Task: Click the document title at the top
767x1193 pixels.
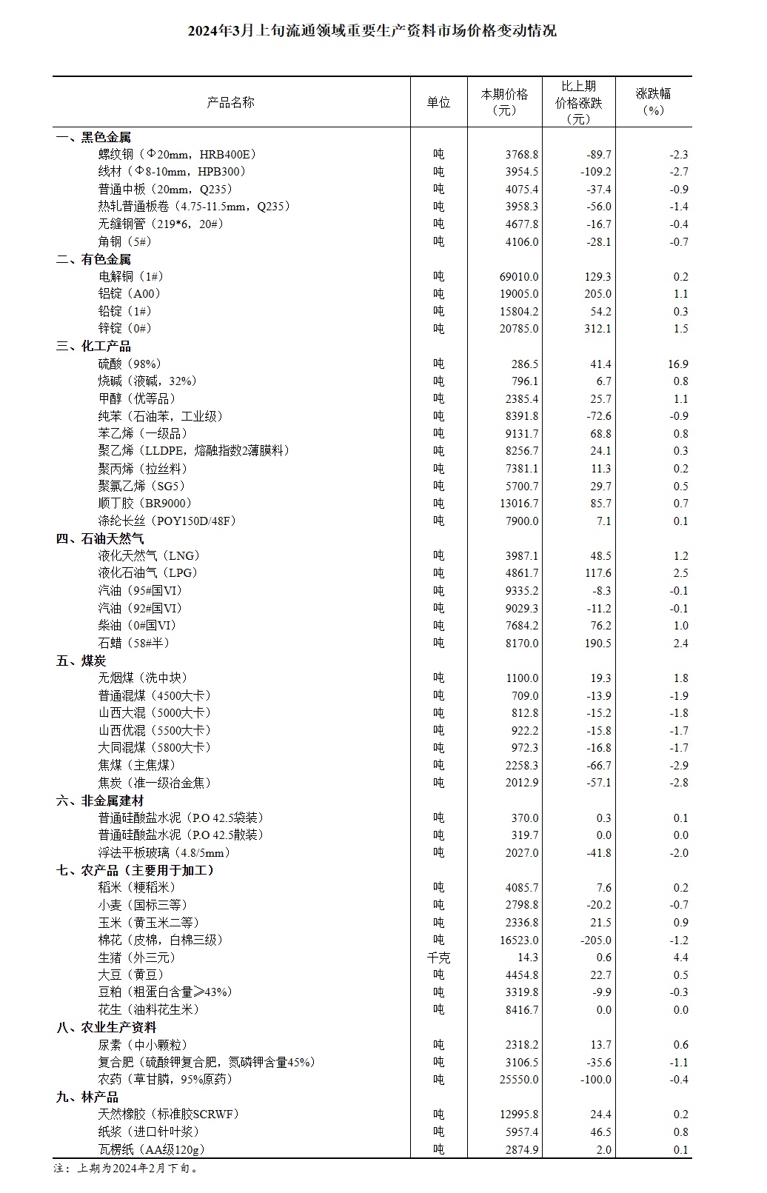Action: (x=372, y=31)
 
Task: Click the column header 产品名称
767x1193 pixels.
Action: (x=230, y=103)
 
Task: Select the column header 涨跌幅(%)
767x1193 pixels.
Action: (x=653, y=102)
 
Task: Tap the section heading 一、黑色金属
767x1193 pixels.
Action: (x=94, y=137)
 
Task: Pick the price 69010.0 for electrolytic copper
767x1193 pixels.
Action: (x=519, y=276)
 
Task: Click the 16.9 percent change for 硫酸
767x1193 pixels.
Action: (x=677, y=364)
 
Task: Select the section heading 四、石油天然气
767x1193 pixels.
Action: (x=101, y=538)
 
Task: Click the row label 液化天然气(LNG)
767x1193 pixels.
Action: (x=150, y=555)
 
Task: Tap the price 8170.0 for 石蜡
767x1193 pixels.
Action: (x=522, y=643)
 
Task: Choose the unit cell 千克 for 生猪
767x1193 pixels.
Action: (x=438, y=958)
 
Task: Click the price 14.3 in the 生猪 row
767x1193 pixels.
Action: (x=529, y=958)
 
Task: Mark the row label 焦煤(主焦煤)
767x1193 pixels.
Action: (x=137, y=765)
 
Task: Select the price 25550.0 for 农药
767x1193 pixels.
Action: (x=519, y=1079)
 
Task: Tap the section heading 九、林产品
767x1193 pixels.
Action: (x=87, y=1097)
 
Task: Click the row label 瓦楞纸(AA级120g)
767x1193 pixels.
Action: (x=152, y=1149)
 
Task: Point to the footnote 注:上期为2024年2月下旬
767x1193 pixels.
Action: (x=127, y=1169)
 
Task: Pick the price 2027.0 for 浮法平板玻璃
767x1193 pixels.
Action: (x=522, y=852)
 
